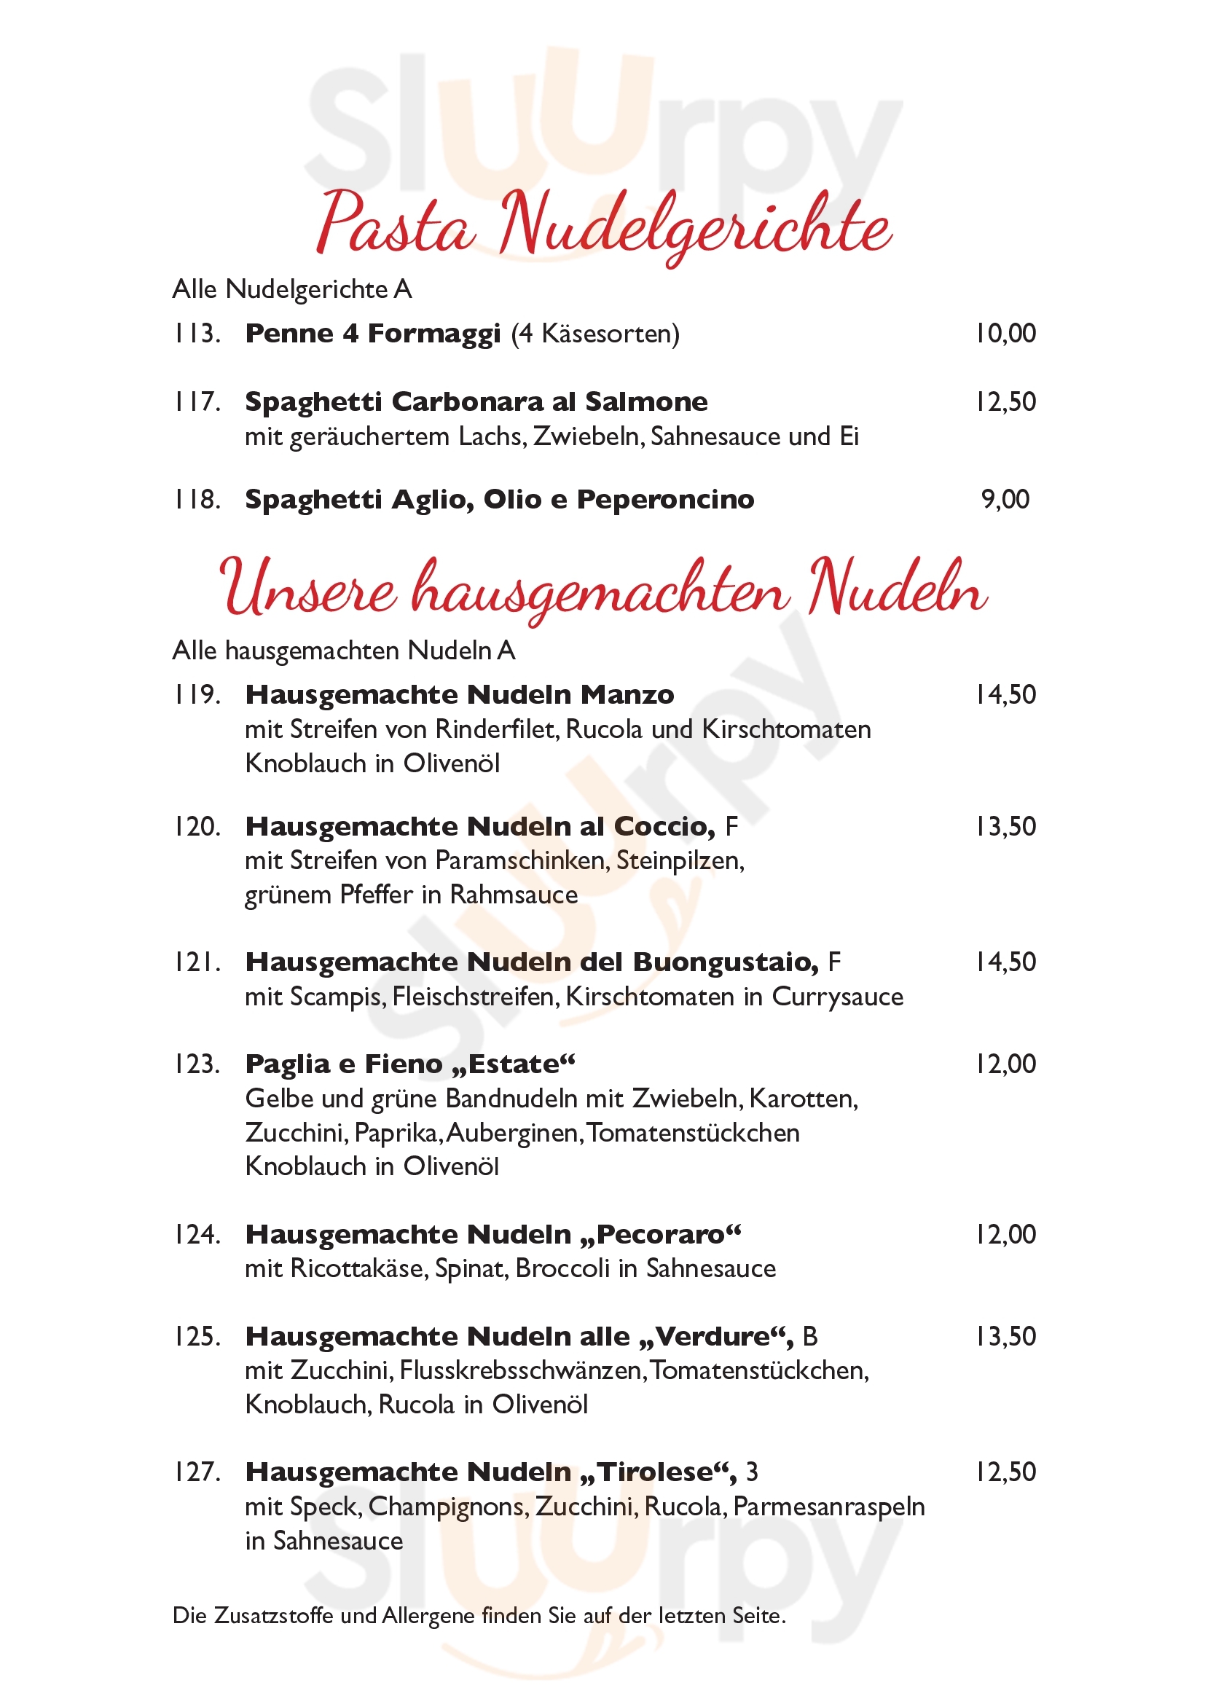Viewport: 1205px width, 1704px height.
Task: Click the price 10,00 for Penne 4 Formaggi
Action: tap(1005, 334)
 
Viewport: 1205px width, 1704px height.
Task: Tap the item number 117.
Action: tap(197, 402)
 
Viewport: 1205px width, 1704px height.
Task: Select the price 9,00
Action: tap(1005, 500)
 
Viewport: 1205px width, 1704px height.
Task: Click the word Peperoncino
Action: tap(665, 500)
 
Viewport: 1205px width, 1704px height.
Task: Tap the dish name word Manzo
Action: tap(627, 696)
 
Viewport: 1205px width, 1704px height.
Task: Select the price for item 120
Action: tap(1005, 827)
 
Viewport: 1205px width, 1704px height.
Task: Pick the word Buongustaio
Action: tap(725, 962)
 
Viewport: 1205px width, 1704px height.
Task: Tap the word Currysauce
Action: tap(837, 997)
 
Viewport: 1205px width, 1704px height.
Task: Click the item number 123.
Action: tap(197, 1064)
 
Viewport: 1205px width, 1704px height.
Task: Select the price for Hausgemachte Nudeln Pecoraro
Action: tap(1005, 1235)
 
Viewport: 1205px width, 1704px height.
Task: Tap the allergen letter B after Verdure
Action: tap(809, 1337)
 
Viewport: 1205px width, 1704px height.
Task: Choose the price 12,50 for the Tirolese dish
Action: tap(1005, 1472)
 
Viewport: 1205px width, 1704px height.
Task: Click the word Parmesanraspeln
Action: tap(829, 1507)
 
